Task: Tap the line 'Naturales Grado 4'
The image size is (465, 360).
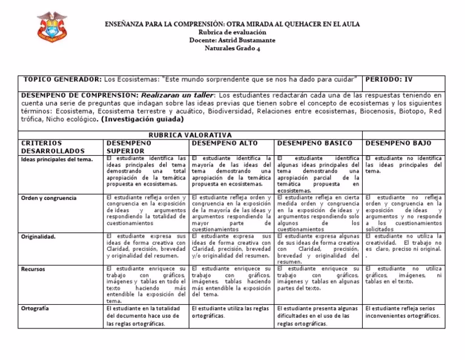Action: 232,48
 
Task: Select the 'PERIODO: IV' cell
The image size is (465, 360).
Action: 391,80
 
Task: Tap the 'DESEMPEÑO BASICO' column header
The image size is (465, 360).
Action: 307,142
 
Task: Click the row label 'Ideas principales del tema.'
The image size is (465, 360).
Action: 57,159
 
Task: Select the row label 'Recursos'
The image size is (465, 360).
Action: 33,269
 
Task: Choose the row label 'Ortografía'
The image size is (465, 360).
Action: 36,308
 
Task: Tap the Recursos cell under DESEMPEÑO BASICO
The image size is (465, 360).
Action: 318,278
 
